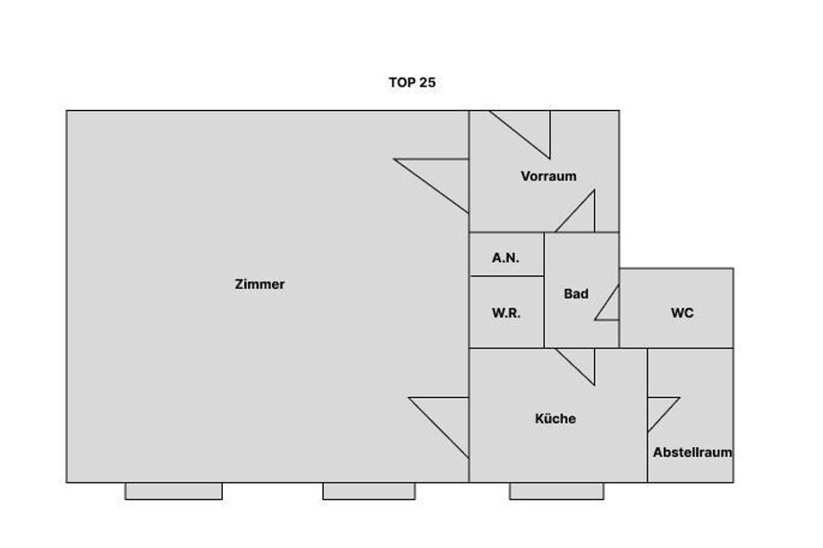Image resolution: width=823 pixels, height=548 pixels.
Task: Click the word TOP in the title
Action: (402, 82)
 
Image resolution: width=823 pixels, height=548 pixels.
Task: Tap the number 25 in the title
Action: (428, 82)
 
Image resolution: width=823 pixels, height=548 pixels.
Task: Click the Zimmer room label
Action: (259, 284)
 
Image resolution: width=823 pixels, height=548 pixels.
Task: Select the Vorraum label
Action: (548, 176)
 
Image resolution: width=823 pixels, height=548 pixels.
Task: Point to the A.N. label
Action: (505, 258)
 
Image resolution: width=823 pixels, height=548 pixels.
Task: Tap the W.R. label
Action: (506, 313)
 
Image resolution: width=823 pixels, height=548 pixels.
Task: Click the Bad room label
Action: (576, 293)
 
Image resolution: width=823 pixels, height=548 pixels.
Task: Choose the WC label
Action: (682, 313)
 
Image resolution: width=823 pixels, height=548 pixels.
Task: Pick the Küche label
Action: (556, 418)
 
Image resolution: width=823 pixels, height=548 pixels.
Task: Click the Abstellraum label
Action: (692, 452)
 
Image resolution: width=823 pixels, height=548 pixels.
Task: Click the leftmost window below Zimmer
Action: (174, 491)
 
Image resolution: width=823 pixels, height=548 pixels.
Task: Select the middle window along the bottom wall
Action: (369, 491)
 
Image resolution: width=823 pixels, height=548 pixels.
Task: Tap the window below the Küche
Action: (556, 491)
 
